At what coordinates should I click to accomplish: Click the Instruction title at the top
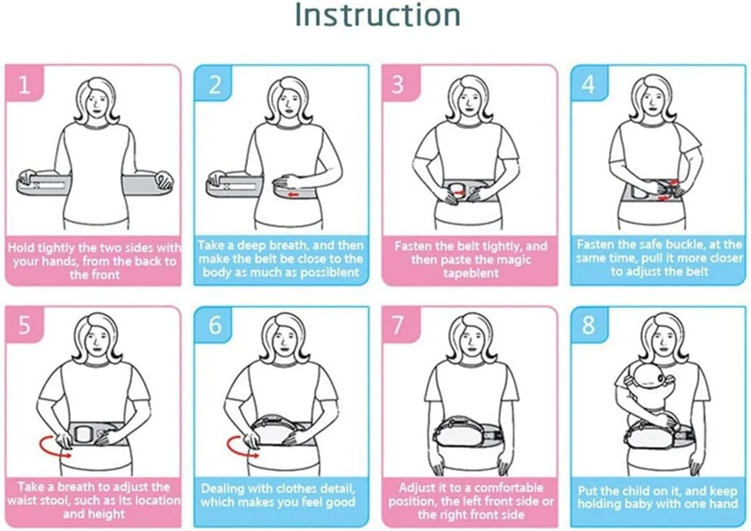tap(378, 15)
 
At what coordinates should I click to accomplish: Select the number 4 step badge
tap(589, 84)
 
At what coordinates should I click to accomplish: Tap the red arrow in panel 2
tap(294, 195)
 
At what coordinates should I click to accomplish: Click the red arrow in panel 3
tap(459, 192)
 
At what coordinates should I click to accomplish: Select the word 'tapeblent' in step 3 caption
tap(471, 273)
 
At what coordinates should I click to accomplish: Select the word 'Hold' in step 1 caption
tap(21, 248)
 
